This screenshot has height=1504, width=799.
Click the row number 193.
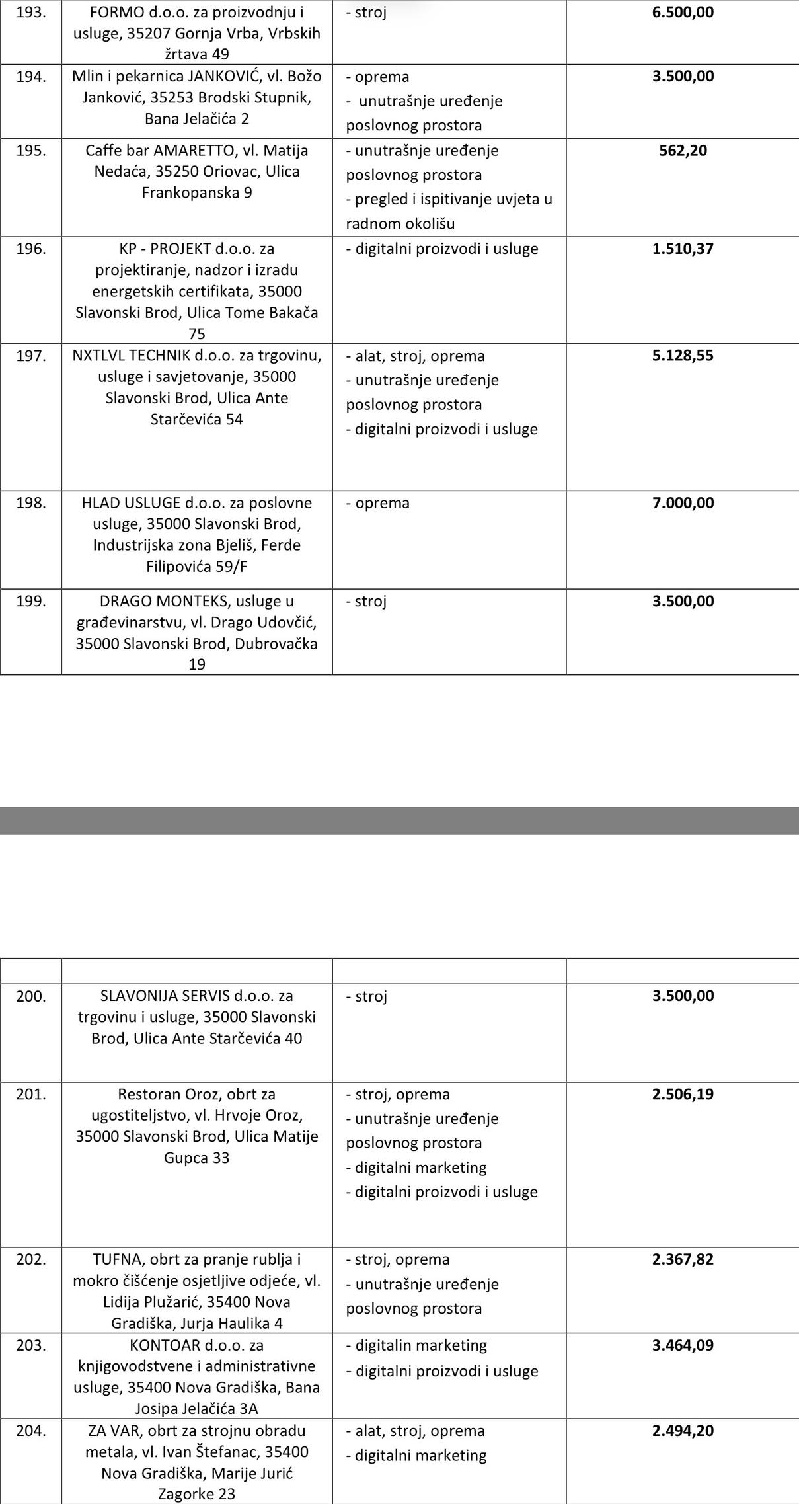tap(30, 12)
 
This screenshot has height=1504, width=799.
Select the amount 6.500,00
tap(683, 12)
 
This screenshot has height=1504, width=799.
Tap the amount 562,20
tap(683, 150)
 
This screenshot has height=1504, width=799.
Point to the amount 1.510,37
tap(683, 249)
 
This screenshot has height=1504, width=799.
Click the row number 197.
tap(30, 356)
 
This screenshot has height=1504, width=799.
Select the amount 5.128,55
tap(683, 356)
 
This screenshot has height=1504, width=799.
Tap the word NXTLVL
tap(98, 356)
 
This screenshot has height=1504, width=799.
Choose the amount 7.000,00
tap(683, 502)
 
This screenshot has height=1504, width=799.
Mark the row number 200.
tap(30, 996)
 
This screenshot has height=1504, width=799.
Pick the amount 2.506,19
tap(683, 1094)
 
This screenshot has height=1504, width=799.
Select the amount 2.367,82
tap(683, 1259)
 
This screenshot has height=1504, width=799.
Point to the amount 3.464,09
tap(683, 1345)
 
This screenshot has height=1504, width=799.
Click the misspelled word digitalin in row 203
tap(383, 1345)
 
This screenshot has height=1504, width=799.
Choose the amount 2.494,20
tap(683, 1430)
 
